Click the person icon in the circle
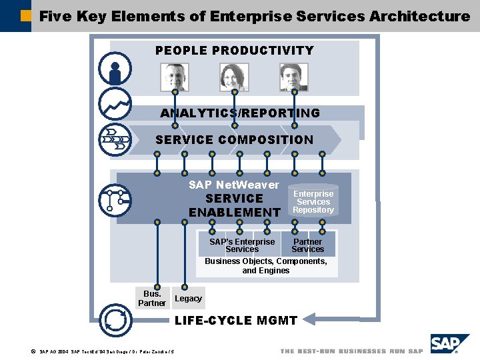(x=115, y=69)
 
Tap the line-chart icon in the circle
(x=115, y=103)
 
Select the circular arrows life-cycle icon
(x=115, y=321)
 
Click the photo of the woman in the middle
(x=234, y=77)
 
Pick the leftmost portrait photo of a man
(x=175, y=77)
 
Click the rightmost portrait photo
(x=294, y=77)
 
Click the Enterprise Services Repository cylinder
(x=313, y=201)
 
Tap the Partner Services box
(x=308, y=245)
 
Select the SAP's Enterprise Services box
(x=241, y=245)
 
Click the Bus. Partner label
(x=152, y=298)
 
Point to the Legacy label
(x=188, y=299)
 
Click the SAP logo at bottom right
(x=449, y=345)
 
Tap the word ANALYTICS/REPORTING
(x=240, y=113)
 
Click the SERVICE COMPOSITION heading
(x=234, y=140)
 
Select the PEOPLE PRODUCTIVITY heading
(x=234, y=51)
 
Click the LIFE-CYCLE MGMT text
(x=235, y=321)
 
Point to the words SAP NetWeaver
(x=234, y=185)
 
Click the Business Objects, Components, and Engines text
(x=266, y=266)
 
